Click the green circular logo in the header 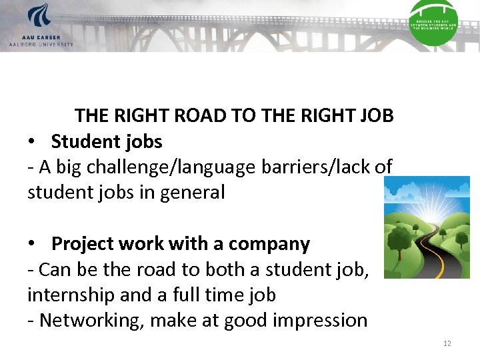tap(433, 23)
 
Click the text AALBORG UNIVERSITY tap(41, 45)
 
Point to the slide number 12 tap(447, 343)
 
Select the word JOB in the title tap(376, 116)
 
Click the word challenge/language tap(169, 167)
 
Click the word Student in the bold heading tap(79, 142)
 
